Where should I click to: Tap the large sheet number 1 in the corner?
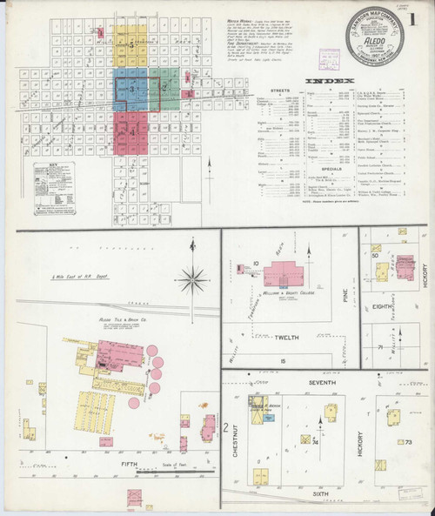pyautogui.click(x=423, y=16)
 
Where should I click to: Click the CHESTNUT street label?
pyautogui.click(x=237, y=432)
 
